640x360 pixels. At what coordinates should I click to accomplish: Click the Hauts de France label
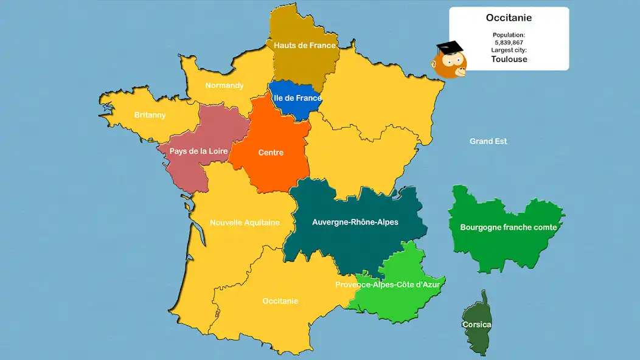pos(304,46)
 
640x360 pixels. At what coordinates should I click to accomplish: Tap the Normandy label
pos(224,86)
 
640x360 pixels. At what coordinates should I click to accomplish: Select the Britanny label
pos(150,115)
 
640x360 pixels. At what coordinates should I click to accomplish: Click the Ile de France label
pos(297,98)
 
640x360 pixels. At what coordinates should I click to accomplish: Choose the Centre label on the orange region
pos(271,153)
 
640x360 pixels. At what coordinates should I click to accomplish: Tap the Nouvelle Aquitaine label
pos(245,223)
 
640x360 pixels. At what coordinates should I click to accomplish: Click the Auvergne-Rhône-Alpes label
pos(355,222)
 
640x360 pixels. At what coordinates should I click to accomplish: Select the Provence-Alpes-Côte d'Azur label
pos(388,285)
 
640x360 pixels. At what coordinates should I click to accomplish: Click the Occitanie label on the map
pos(280,301)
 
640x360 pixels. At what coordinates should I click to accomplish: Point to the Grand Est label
pos(488,141)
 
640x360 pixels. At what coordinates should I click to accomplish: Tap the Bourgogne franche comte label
pos(509,227)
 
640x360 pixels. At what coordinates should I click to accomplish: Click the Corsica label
pos(476,325)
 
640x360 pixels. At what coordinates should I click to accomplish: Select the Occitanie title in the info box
pos(509,18)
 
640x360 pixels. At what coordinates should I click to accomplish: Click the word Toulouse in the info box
pos(509,60)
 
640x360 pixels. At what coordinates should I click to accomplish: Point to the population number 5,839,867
pos(509,43)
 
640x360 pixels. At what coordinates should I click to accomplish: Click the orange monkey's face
pos(449,64)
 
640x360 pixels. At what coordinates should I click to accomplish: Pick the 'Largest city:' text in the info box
pos(509,50)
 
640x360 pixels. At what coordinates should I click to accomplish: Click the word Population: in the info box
pos(509,35)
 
